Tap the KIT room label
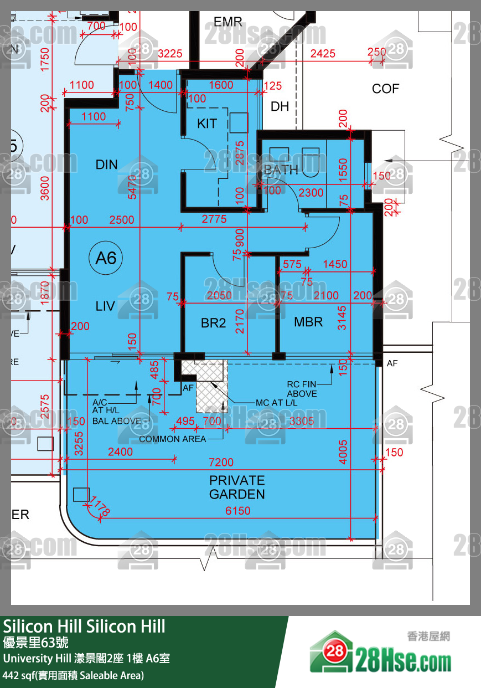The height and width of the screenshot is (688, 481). [207, 124]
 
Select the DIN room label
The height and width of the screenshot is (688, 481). [106, 164]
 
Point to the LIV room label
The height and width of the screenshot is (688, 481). [105, 306]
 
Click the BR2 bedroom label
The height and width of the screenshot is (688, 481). [213, 323]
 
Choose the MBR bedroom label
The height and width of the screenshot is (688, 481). [308, 322]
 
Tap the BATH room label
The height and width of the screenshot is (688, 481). [281, 170]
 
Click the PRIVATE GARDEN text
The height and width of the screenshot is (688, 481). [237, 487]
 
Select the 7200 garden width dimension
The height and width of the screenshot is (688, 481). [221, 462]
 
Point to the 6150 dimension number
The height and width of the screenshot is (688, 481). [237, 511]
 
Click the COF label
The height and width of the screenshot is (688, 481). [385, 89]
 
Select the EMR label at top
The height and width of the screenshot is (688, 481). [228, 22]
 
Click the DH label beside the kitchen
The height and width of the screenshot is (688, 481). [280, 106]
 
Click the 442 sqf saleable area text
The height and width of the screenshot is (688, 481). [74, 675]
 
